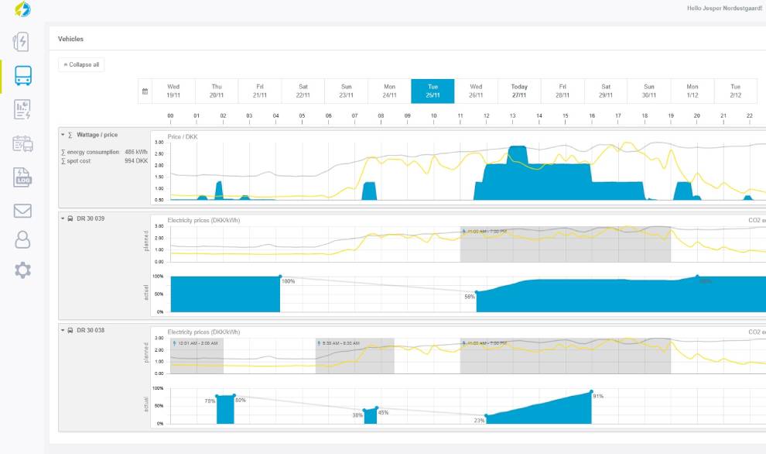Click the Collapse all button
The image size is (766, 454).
[81, 64]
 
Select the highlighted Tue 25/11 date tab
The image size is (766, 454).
[433, 91]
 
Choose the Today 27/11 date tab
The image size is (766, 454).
[519, 91]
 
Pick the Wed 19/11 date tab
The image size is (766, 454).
[173, 91]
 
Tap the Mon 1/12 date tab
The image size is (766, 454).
[692, 91]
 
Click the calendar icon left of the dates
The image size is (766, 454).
[145, 91]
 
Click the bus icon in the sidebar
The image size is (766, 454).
[23, 75]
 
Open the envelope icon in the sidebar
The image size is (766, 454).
[23, 211]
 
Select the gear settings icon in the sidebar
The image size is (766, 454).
[23, 270]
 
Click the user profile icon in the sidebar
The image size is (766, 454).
[23, 240]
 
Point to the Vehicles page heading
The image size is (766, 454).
[70, 39]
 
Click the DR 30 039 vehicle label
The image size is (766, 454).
[91, 218]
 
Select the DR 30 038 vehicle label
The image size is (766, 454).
[91, 330]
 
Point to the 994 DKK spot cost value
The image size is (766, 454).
[136, 161]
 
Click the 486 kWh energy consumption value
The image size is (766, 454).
[136, 152]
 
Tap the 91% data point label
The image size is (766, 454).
[598, 396]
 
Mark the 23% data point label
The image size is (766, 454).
[479, 421]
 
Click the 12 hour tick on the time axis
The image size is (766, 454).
[486, 116]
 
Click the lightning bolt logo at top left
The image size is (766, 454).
[23, 9]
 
